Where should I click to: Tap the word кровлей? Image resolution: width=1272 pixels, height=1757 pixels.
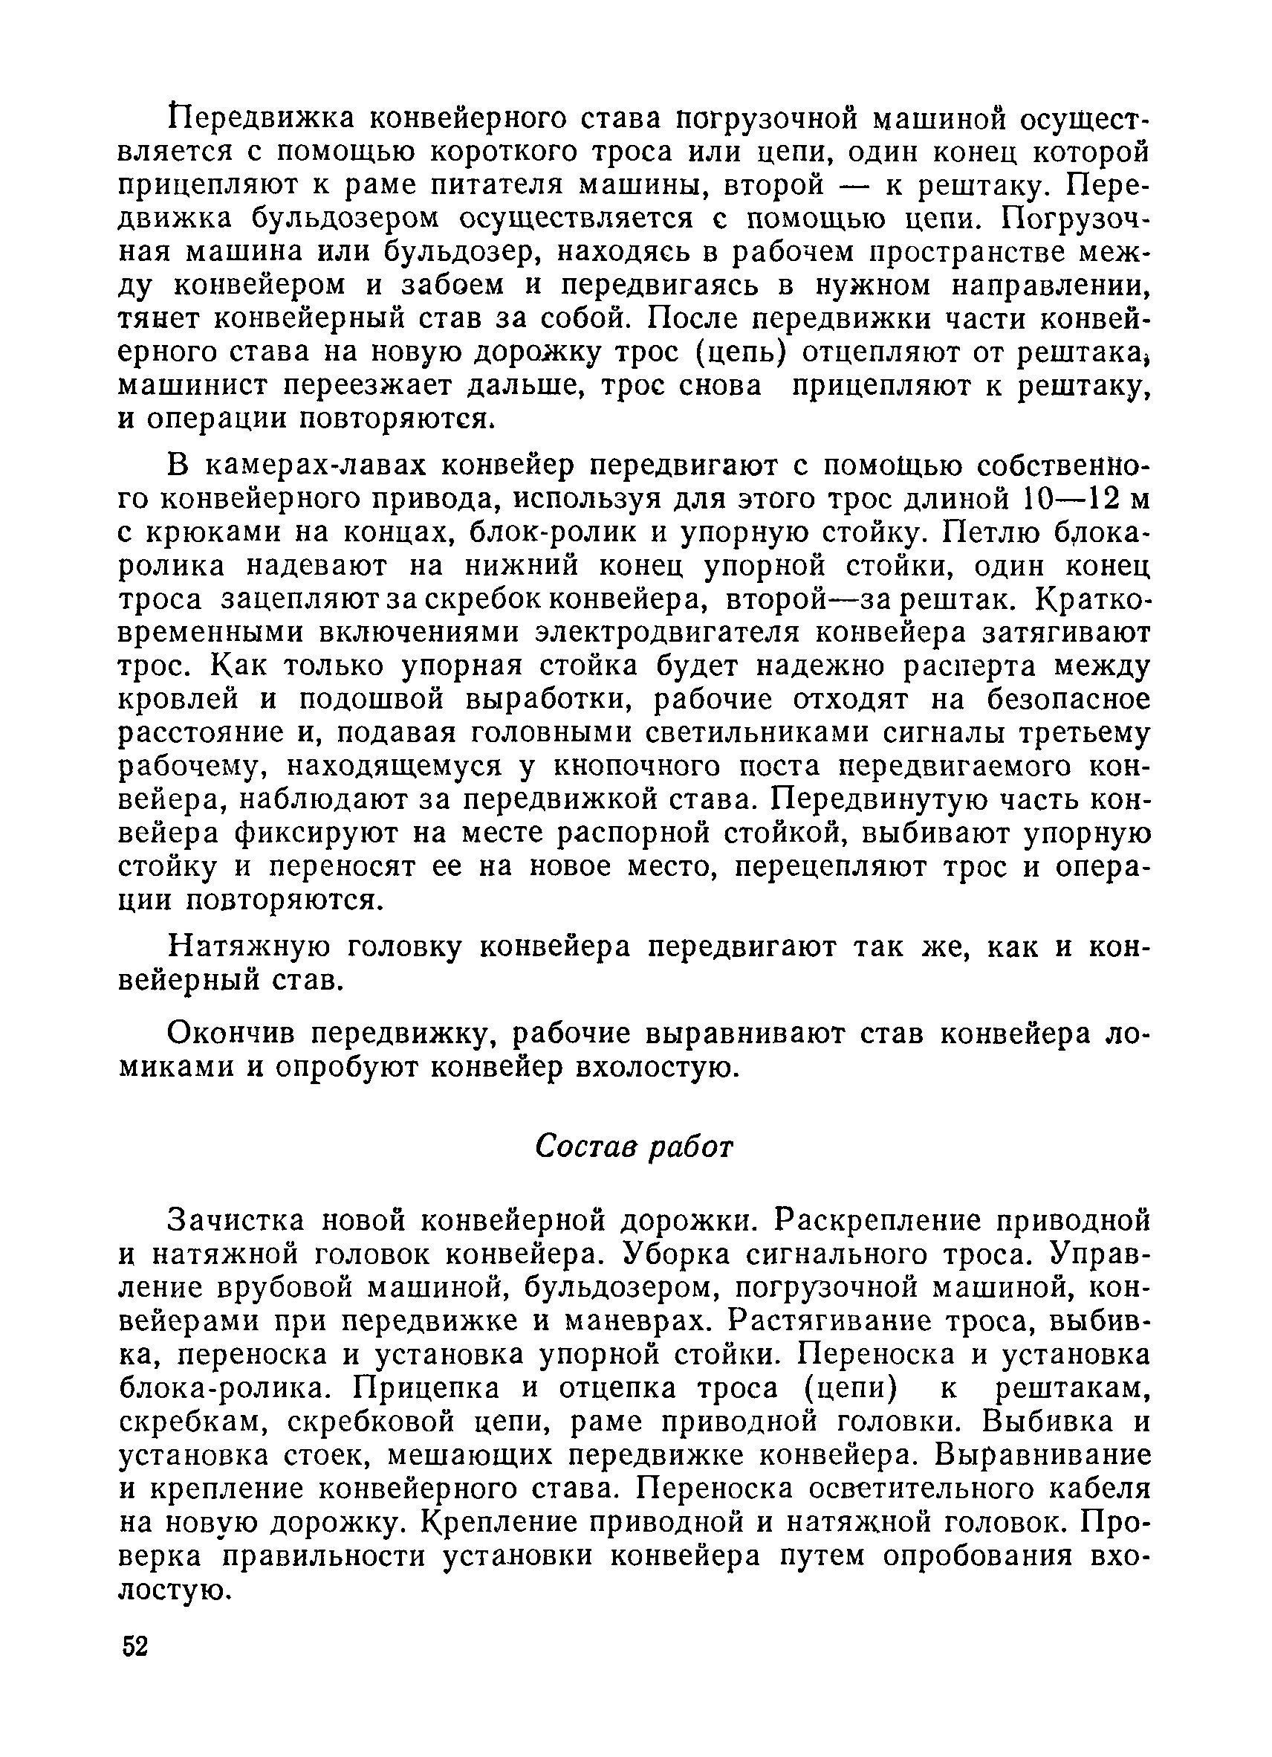click(x=179, y=700)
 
